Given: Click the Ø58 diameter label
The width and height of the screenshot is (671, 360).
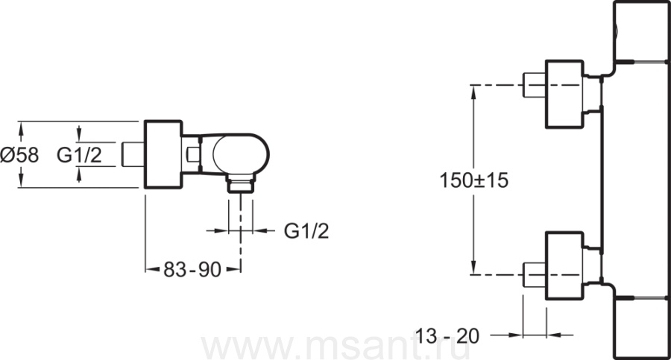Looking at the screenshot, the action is [19, 154].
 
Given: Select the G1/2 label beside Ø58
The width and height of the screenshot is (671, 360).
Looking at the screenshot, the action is [80, 154].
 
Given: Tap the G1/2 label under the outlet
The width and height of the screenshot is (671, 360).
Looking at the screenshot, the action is [306, 231].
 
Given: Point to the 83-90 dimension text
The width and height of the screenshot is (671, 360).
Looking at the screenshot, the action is [192, 270].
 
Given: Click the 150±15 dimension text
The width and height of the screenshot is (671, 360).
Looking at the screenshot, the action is [474, 180].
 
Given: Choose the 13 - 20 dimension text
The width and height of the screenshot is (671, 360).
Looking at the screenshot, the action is [447, 336].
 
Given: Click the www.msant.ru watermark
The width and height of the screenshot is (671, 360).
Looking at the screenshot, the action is [336, 347].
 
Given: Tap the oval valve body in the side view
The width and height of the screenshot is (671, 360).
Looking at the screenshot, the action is [241, 154].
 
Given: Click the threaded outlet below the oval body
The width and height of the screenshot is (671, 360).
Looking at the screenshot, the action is [241, 183].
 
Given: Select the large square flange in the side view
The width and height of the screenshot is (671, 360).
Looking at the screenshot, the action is [163, 154].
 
